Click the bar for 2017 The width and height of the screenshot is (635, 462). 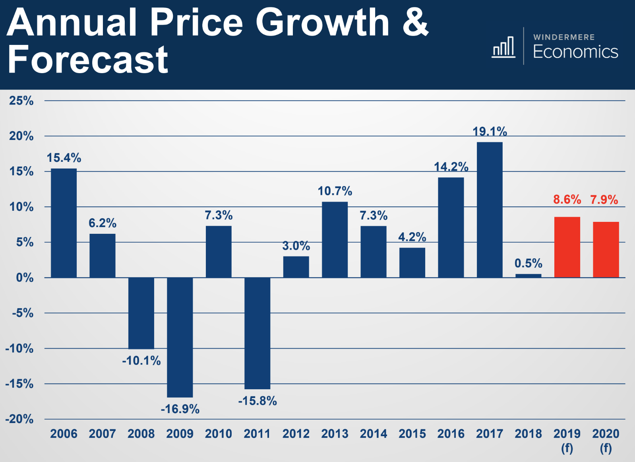[490, 210]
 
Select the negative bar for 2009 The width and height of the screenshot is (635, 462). [180, 337]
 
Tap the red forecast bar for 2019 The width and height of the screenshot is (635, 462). [567, 247]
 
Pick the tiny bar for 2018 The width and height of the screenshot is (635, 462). [528, 276]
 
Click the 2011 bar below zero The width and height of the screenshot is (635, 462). [257, 333]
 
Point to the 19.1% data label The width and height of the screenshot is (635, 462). [490, 132]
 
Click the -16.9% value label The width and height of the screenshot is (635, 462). [180, 409]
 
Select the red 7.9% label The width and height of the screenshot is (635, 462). [604, 200]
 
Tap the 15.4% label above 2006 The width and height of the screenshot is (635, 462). [64, 158]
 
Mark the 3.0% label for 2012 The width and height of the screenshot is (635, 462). [296, 246]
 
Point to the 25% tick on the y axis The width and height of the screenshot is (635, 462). [21, 101]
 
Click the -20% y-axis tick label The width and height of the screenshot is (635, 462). [19, 419]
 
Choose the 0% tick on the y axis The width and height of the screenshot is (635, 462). [25, 278]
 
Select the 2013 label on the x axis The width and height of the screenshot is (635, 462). [335, 434]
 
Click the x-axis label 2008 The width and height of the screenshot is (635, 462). [141, 434]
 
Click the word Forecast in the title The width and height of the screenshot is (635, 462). [88, 60]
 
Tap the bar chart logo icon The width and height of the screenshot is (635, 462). [503, 47]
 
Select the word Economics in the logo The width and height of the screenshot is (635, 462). [575, 52]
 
